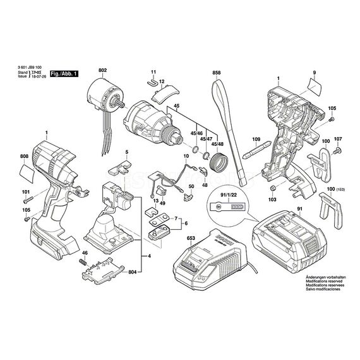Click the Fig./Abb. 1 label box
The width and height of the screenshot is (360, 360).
(x=64, y=74)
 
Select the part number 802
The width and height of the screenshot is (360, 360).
(x=103, y=71)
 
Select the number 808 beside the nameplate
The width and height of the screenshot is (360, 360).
(x=24, y=156)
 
